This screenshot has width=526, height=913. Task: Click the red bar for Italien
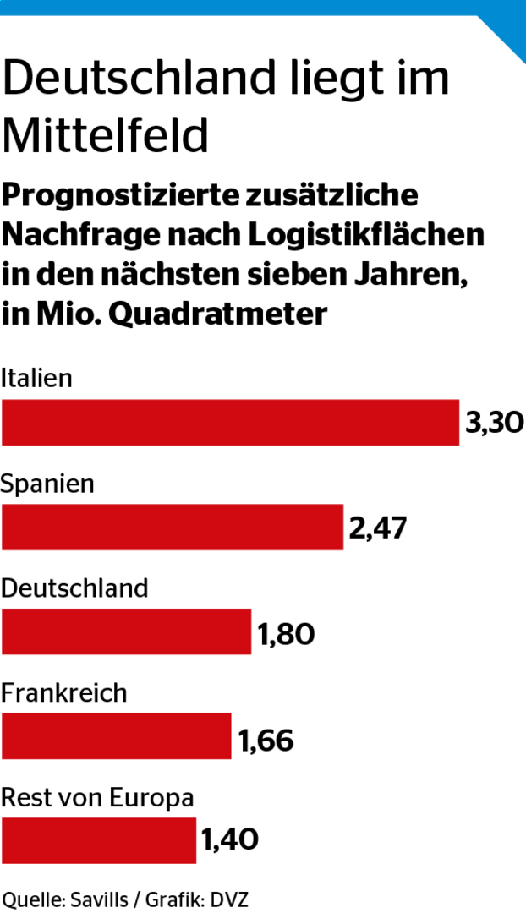230,423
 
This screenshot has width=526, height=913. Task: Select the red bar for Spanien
173,528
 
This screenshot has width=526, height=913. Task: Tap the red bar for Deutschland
126,631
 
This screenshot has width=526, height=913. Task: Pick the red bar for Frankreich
116,736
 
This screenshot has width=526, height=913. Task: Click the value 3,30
495,423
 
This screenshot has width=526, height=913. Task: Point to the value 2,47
378,528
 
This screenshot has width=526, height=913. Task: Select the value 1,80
286,633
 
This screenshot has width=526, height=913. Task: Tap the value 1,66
266,741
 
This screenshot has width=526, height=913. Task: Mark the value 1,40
229,840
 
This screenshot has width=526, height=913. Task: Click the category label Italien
36,378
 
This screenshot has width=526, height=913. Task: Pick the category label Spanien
47,484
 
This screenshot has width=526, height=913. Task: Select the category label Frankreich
63,693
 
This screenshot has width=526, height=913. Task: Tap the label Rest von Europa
97,797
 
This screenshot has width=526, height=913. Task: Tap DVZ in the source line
231,899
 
